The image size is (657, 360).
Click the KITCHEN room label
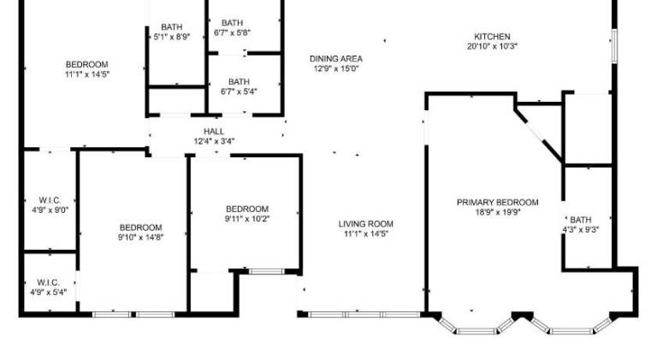[492, 37]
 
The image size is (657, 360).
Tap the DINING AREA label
[336, 59]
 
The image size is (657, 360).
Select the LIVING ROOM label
[366, 224]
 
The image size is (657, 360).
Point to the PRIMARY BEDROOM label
[497, 203]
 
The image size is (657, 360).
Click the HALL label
[214, 132]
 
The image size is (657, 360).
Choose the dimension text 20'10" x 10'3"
[493, 46]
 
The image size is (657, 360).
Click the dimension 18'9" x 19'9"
[497, 212]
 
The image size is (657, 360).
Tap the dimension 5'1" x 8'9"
[172, 37]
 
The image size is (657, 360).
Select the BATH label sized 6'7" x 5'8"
[232, 23]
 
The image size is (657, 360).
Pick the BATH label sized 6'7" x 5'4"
[239, 82]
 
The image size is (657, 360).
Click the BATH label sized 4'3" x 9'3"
[581, 220]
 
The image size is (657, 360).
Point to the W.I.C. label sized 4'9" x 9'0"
[50, 200]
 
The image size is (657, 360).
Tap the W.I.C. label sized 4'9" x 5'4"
[48, 282]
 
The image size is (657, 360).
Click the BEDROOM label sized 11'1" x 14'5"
[86, 65]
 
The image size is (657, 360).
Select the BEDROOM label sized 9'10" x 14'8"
[141, 227]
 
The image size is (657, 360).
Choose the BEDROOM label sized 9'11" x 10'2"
[247, 209]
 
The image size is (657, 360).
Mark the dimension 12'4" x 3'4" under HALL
[214, 141]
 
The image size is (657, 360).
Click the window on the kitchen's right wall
[615, 46]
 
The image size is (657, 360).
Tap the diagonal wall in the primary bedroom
[538, 133]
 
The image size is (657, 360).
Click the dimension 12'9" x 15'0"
[336, 68]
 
